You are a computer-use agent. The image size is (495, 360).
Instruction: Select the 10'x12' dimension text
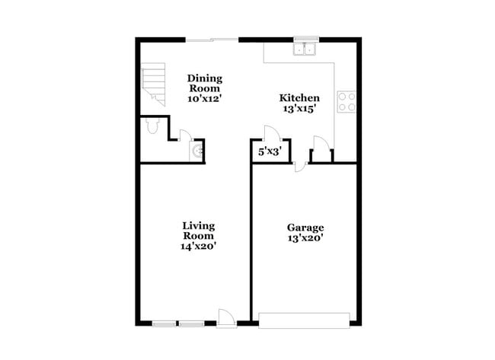tap(205, 98)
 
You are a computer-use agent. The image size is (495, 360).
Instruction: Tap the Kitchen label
tap(299, 97)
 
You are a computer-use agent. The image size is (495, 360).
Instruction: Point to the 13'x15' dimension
tap(299, 109)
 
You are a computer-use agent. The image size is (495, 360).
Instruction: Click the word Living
tap(199, 225)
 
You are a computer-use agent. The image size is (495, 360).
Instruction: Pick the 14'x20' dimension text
tap(199, 246)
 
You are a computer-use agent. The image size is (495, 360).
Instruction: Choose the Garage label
tap(305, 227)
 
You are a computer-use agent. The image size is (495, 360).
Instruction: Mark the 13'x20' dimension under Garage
tap(305, 237)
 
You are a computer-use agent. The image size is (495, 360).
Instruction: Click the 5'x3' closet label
tap(270, 151)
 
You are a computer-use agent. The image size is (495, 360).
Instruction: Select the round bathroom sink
tap(198, 152)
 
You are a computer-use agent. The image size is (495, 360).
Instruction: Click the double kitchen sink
tap(305, 50)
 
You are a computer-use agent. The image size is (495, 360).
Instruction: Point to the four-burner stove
tap(346, 102)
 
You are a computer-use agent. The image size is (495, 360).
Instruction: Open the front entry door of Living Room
tap(226, 317)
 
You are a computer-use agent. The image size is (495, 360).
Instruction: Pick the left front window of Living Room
tap(164, 323)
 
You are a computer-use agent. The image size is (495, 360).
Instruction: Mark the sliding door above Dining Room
tap(212, 39)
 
